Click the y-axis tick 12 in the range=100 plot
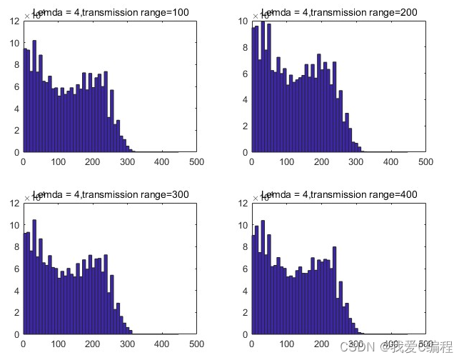coord(15,21)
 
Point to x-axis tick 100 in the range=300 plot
coord(59,344)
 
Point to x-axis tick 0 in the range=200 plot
coord(251,162)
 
